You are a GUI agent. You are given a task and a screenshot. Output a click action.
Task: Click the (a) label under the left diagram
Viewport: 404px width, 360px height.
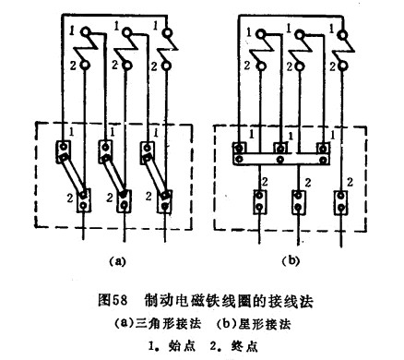coord(118,261)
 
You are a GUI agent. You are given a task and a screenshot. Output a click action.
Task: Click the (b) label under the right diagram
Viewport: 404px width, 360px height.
coord(291,261)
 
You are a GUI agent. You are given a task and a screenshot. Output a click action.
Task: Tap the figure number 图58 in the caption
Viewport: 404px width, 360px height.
coord(113,300)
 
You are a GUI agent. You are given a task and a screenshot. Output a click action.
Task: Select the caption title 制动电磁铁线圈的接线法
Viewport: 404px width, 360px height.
coord(229,301)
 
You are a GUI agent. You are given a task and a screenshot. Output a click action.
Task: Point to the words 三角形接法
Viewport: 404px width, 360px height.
coord(169,324)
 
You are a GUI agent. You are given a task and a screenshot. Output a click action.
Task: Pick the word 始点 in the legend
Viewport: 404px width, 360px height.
coord(182,346)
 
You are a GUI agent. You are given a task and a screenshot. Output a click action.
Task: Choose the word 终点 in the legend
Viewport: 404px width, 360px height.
coord(244,346)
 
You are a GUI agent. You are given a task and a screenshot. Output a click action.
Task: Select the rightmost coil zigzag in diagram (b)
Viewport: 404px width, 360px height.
coord(345,50)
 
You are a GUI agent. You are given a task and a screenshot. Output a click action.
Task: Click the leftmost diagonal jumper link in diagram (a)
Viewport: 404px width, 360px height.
coord(73,174)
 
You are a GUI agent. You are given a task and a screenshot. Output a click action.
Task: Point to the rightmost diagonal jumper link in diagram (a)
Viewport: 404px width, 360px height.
coord(156,175)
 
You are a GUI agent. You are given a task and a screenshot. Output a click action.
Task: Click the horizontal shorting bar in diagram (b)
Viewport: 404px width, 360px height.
coord(281,159)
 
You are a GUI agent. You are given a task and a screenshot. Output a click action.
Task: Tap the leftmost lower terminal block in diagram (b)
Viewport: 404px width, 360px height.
coord(260,201)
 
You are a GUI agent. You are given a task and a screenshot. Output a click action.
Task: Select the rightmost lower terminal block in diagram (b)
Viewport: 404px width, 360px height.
coord(341,202)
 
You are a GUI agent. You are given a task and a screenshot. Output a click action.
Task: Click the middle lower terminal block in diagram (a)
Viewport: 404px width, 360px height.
coord(125,200)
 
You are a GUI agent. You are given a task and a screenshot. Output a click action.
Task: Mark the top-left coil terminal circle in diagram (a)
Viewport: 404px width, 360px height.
coord(85,31)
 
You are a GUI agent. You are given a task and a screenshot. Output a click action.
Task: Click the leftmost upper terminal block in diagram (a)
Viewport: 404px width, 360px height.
coord(64,151)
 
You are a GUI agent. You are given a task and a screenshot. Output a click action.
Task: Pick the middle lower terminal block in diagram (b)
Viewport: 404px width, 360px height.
coord(298,202)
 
